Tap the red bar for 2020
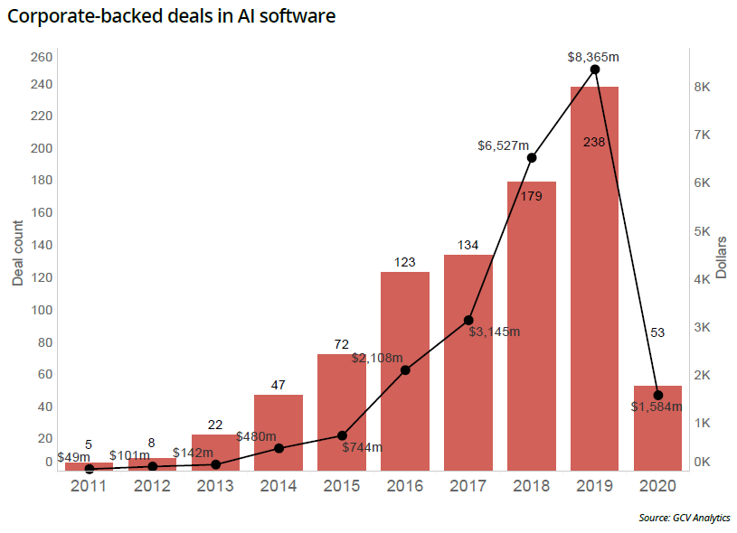click(x=657, y=428)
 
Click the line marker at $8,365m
click(x=595, y=70)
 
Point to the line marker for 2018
click(x=532, y=158)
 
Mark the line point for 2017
click(x=468, y=320)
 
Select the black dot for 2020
click(x=658, y=396)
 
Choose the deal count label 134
click(x=468, y=245)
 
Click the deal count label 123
click(x=404, y=262)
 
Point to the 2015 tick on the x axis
click(x=342, y=486)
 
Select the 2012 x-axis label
click(x=152, y=486)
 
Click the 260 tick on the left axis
click(x=43, y=58)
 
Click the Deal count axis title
click(x=18, y=252)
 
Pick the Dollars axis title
click(x=721, y=257)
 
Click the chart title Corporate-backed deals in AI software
click(x=172, y=17)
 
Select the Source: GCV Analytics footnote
click(x=684, y=518)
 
